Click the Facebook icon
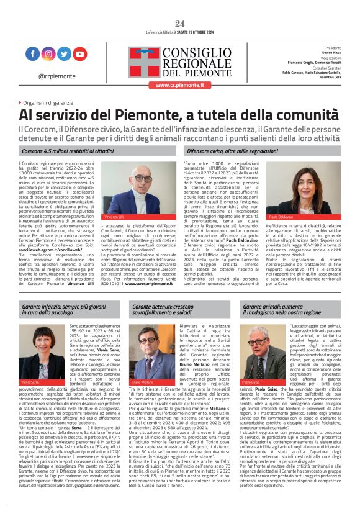tap(32, 54)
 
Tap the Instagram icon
tap(48, 54)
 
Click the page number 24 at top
tap(179, 24)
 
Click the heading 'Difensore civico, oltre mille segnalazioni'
tap(233, 151)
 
